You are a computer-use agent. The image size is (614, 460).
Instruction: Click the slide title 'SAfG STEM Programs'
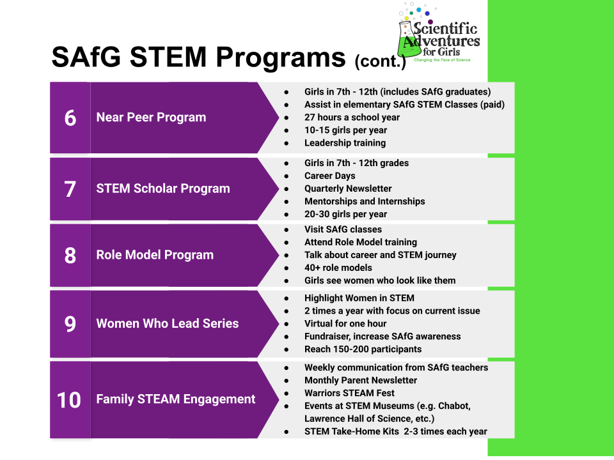[x=198, y=57]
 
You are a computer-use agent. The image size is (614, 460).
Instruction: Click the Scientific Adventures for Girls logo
[x=437, y=36]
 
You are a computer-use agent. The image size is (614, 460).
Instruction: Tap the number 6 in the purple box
[x=70, y=118]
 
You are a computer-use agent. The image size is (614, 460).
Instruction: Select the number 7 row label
[x=70, y=189]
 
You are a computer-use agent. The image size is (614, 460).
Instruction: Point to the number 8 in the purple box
[x=70, y=255]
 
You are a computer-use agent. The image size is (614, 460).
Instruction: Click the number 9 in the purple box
[x=70, y=324]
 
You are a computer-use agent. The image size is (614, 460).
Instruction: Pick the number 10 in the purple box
[x=70, y=399]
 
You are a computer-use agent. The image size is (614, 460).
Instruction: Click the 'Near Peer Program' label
[x=151, y=118]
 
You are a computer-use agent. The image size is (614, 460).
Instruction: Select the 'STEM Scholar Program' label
[x=162, y=189]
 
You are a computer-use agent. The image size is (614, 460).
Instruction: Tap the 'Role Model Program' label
[x=155, y=255]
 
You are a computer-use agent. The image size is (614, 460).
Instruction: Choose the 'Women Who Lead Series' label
[x=167, y=324]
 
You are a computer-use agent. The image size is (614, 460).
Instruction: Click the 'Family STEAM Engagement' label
[x=175, y=399]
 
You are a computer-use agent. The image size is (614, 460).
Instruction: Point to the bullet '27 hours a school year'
[x=352, y=118]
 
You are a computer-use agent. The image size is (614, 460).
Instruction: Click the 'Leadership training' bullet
[x=345, y=143]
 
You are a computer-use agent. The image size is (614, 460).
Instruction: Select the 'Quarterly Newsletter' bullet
[x=348, y=188]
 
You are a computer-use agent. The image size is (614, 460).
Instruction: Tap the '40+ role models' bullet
[x=338, y=268]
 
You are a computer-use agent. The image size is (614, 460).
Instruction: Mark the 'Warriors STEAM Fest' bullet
[x=349, y=393]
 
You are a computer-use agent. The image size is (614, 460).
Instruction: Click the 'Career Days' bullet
[x=329, y=176]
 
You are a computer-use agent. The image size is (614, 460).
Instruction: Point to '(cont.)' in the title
[x=380, y=62]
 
